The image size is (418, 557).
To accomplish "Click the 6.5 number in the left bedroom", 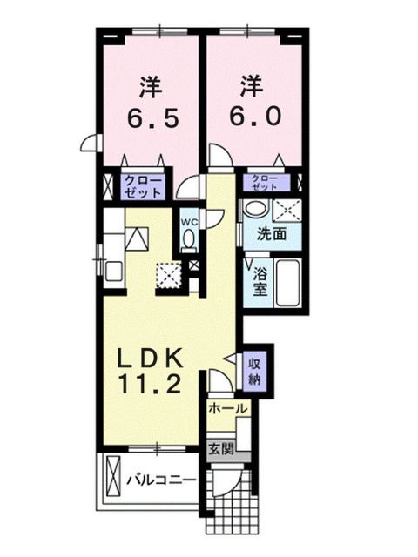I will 150,117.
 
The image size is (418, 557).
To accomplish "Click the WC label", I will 189,221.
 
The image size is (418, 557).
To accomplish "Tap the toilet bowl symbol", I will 190,241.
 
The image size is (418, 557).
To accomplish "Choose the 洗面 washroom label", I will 270,234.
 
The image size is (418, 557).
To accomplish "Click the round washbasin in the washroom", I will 255,209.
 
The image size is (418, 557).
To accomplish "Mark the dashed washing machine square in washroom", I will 287,209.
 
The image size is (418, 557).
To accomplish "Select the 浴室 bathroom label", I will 260,282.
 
